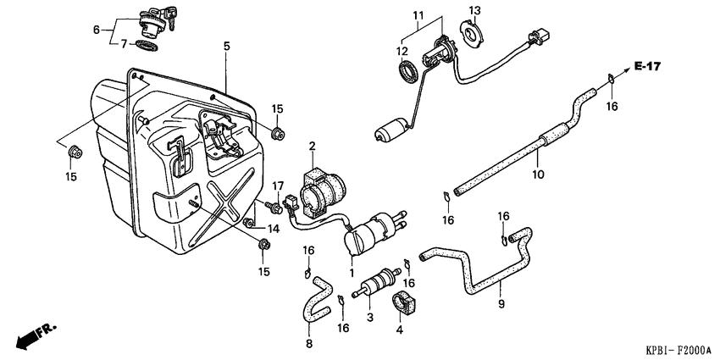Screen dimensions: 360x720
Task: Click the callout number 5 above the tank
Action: coord(226,47)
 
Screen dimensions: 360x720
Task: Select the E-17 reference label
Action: coord(648,66)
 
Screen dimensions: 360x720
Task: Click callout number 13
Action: coord(475,9)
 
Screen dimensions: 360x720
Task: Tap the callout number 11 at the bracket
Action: coord(416,15)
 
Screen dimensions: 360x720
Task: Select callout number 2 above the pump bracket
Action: coord(311,147)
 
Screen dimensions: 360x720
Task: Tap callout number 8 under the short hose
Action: coord(308,343)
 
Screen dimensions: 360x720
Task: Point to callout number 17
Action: coord(276,186)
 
